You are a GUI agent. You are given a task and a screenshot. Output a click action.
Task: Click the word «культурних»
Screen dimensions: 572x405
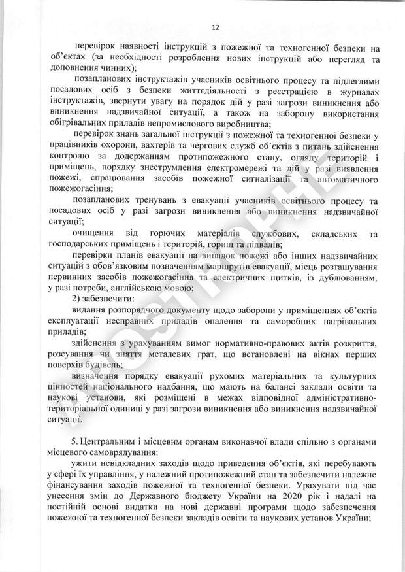(x=358, y=378)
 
